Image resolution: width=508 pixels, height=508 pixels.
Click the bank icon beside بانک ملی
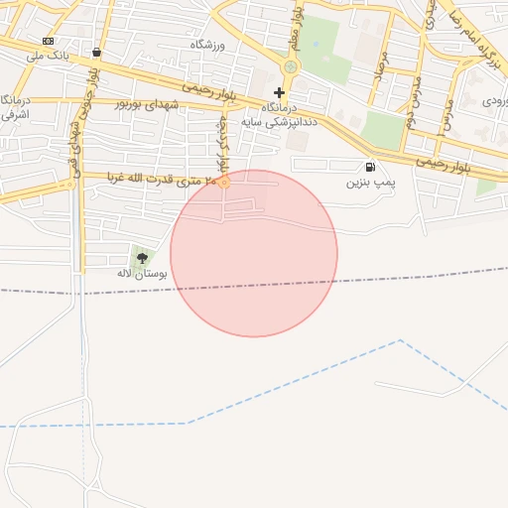point(48,41)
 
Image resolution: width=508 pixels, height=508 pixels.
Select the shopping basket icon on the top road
point(96,53)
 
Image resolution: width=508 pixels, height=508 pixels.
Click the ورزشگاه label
point(208,46)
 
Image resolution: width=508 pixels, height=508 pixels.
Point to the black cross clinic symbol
point(279,91)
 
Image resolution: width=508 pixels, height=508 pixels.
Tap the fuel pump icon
point(370,168)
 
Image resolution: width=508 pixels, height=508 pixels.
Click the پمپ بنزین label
point(370,184)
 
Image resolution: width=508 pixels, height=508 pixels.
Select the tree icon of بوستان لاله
point(142,258)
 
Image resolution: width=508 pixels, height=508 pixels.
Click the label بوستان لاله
point(140,273)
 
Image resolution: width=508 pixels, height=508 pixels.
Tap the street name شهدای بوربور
point(150,102)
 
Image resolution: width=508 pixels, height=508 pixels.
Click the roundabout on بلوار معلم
point(290,67)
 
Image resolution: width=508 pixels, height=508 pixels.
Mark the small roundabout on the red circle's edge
point(224,183)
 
